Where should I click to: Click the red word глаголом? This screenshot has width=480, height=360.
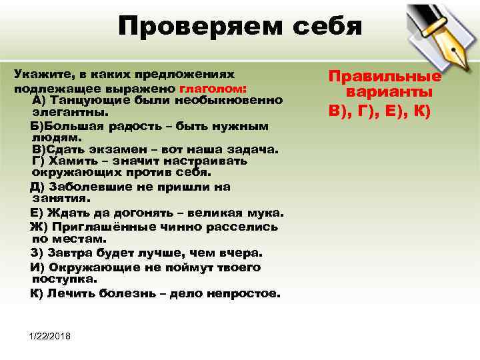[x=213, y=88]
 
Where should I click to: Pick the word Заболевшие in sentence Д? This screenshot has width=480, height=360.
[x=87, y=187]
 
